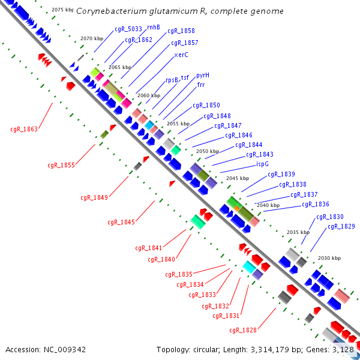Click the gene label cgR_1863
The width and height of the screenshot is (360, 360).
pyautogui.click(x=24, y=129)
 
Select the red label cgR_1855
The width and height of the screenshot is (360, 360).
pyautogui.click(x=61, y=165)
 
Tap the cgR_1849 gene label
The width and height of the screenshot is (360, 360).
pyautogui.click(x=94, y=197)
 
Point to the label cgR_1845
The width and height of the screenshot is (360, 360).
pyautogui.click(x=121, y=222)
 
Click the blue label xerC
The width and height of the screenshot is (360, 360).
pyautogui.click(x=181, y=55)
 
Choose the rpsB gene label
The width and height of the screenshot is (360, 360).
pyautogui.click(x=172, y=80)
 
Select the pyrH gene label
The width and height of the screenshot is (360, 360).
pyautogui.click(x=203, y=76)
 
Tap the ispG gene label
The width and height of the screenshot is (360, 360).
pyautogui.click(x=262, y=164)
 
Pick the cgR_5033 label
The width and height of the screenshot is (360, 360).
pyautogui.click(x=128, y=29)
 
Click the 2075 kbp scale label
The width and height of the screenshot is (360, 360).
pyautogui.click(x=62, y=10)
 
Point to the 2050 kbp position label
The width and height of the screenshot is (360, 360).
pyautogui.click(x=207, y=151)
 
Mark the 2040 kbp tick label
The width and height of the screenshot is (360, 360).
pyautogui.click(x=268, y=205)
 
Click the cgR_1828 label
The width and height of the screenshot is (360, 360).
pyautogui.click(x=242, y=330)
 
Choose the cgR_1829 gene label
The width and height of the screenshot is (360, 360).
pyautogui.click(x=341, y=226)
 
